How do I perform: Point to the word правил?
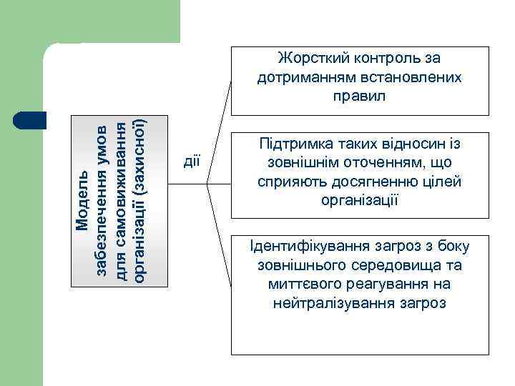point(359,95)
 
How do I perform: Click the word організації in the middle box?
point(360,200)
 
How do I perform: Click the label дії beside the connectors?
point(191,162)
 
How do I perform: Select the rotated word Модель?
point(82,201)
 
